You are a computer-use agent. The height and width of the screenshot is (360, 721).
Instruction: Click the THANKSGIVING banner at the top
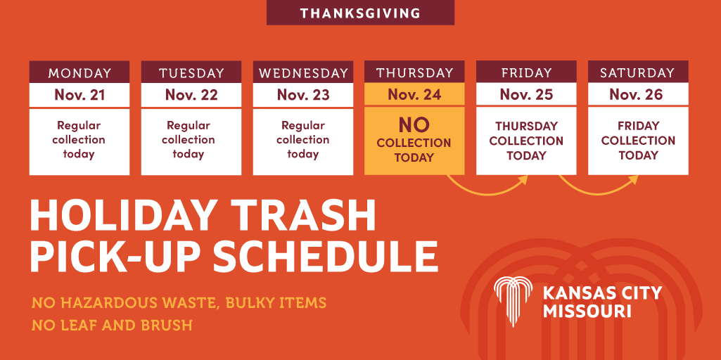(360, 13)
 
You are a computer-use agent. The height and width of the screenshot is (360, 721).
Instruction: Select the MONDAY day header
(79, 72)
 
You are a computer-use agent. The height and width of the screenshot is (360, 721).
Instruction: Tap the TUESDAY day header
(191, 72)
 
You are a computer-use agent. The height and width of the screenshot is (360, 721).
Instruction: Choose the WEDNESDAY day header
(303, 72)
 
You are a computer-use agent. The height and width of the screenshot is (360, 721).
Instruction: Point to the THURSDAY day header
(414, 72)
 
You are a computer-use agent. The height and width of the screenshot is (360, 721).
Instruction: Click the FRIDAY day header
(526, 72)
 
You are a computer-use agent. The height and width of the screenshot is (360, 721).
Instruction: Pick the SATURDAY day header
(637, 72)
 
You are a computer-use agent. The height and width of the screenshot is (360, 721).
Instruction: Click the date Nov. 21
(79, 95)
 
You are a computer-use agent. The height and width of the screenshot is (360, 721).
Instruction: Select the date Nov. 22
(191, 95)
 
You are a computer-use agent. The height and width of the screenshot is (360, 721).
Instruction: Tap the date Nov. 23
(303, 95)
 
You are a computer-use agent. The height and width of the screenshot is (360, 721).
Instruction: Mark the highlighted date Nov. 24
(414, 95)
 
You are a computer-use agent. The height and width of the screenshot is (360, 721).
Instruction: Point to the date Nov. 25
(526, 95)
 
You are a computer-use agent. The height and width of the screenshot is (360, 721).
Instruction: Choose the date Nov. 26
(637, 95)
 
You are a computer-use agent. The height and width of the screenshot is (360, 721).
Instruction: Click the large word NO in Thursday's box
(414, 125)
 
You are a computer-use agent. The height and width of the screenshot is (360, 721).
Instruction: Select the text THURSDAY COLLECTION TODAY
(526, 141)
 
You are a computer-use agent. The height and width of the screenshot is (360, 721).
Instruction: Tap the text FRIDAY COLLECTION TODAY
(638, 141)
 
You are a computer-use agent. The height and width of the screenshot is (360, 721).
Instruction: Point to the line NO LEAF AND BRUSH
(112, 326)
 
